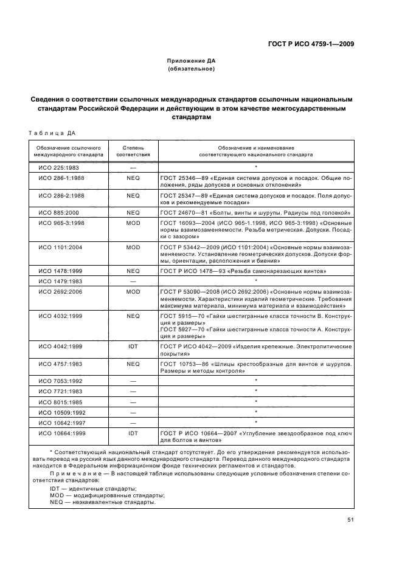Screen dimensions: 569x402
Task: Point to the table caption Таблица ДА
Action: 52,133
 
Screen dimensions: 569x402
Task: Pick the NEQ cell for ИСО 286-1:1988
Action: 133,178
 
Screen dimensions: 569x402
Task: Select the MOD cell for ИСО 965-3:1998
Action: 133,224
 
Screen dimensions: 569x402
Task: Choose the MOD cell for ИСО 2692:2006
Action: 133,292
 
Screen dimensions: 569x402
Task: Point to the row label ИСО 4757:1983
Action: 61,364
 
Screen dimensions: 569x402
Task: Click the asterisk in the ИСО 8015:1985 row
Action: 256,401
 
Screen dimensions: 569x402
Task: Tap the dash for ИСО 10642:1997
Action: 133,422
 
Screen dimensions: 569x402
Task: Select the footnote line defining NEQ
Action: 102,502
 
